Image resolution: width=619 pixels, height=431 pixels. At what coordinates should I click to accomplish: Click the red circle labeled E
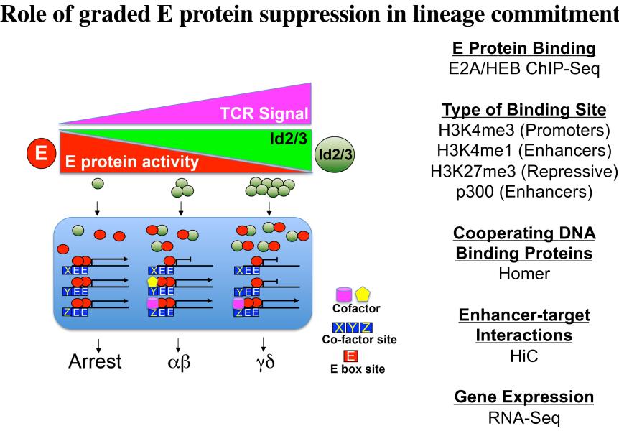[x=41, y=153]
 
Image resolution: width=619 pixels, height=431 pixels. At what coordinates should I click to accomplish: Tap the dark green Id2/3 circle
[x=335, y=154]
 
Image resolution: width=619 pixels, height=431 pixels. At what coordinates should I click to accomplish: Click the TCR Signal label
[x=264, y=113]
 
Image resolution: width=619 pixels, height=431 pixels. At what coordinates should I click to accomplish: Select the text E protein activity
[x=132, y=162]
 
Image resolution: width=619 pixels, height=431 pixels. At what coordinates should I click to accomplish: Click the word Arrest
[x=95, y=361]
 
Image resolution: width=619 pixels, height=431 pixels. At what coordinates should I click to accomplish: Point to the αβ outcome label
[x=180, y=362]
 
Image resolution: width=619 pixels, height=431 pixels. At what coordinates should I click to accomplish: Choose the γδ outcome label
[x=265, y=362]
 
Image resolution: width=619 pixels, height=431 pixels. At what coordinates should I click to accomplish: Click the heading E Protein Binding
[x=524, y=48]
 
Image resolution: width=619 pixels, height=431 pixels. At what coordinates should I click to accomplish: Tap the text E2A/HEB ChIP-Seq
[x=524, y=69]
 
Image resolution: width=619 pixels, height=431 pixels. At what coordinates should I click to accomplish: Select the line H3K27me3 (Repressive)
[x=524, y=172]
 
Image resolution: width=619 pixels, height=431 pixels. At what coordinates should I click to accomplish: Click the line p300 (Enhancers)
[x=524, y=192]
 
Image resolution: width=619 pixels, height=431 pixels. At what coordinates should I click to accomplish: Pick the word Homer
[x=524, y=274]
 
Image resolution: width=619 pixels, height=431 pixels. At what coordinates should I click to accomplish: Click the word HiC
[x=524, y=356]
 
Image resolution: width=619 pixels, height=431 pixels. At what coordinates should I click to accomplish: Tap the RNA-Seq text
[x=524, y=417]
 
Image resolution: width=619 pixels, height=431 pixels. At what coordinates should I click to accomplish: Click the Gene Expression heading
[x=524, y=397]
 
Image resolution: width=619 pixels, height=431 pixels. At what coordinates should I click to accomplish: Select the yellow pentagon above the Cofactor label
[x=363, y=295]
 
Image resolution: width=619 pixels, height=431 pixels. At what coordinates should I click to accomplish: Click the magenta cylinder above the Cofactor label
[x=343, y=295]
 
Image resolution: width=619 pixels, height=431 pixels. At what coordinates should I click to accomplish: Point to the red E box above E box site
[x=350, y=356]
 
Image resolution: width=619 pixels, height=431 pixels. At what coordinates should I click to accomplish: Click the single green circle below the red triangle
[x=98, y=183]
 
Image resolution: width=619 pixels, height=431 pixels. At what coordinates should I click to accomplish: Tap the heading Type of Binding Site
[x=524, y=110]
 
